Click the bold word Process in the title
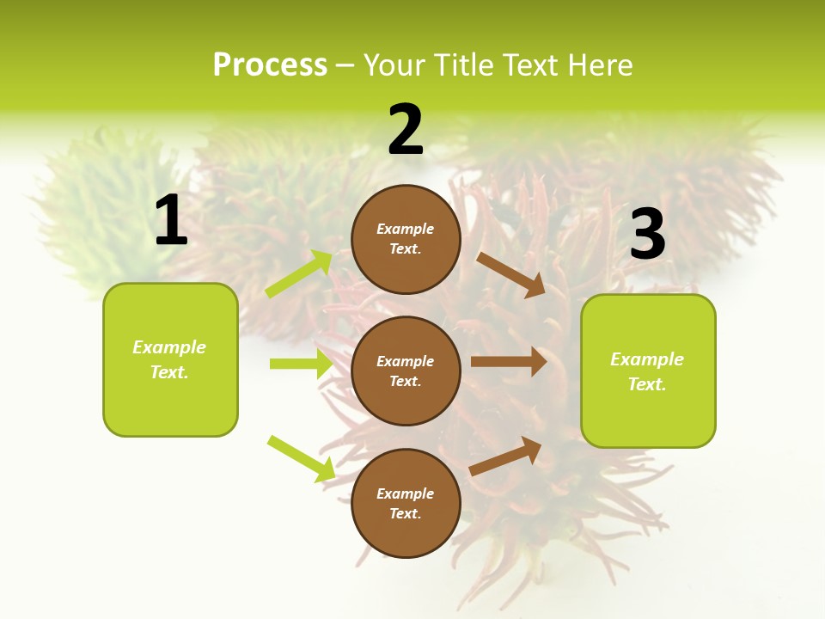point(270,65)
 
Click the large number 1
point(171,221)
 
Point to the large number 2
point(406,130)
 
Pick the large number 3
point(647,235)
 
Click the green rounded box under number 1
point(170,359)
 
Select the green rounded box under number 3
point(648,371)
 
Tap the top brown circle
point(406,239)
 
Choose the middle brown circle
point(406,371)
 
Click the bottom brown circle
point(406,503)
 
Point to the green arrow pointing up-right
point(299,274)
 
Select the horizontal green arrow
point(301,364)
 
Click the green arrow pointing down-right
point(301,458)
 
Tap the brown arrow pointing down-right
point(510,274)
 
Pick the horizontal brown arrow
point(509,362)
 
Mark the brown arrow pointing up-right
point(505,457)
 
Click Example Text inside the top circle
point(406,239)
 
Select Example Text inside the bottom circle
point(406,503)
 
